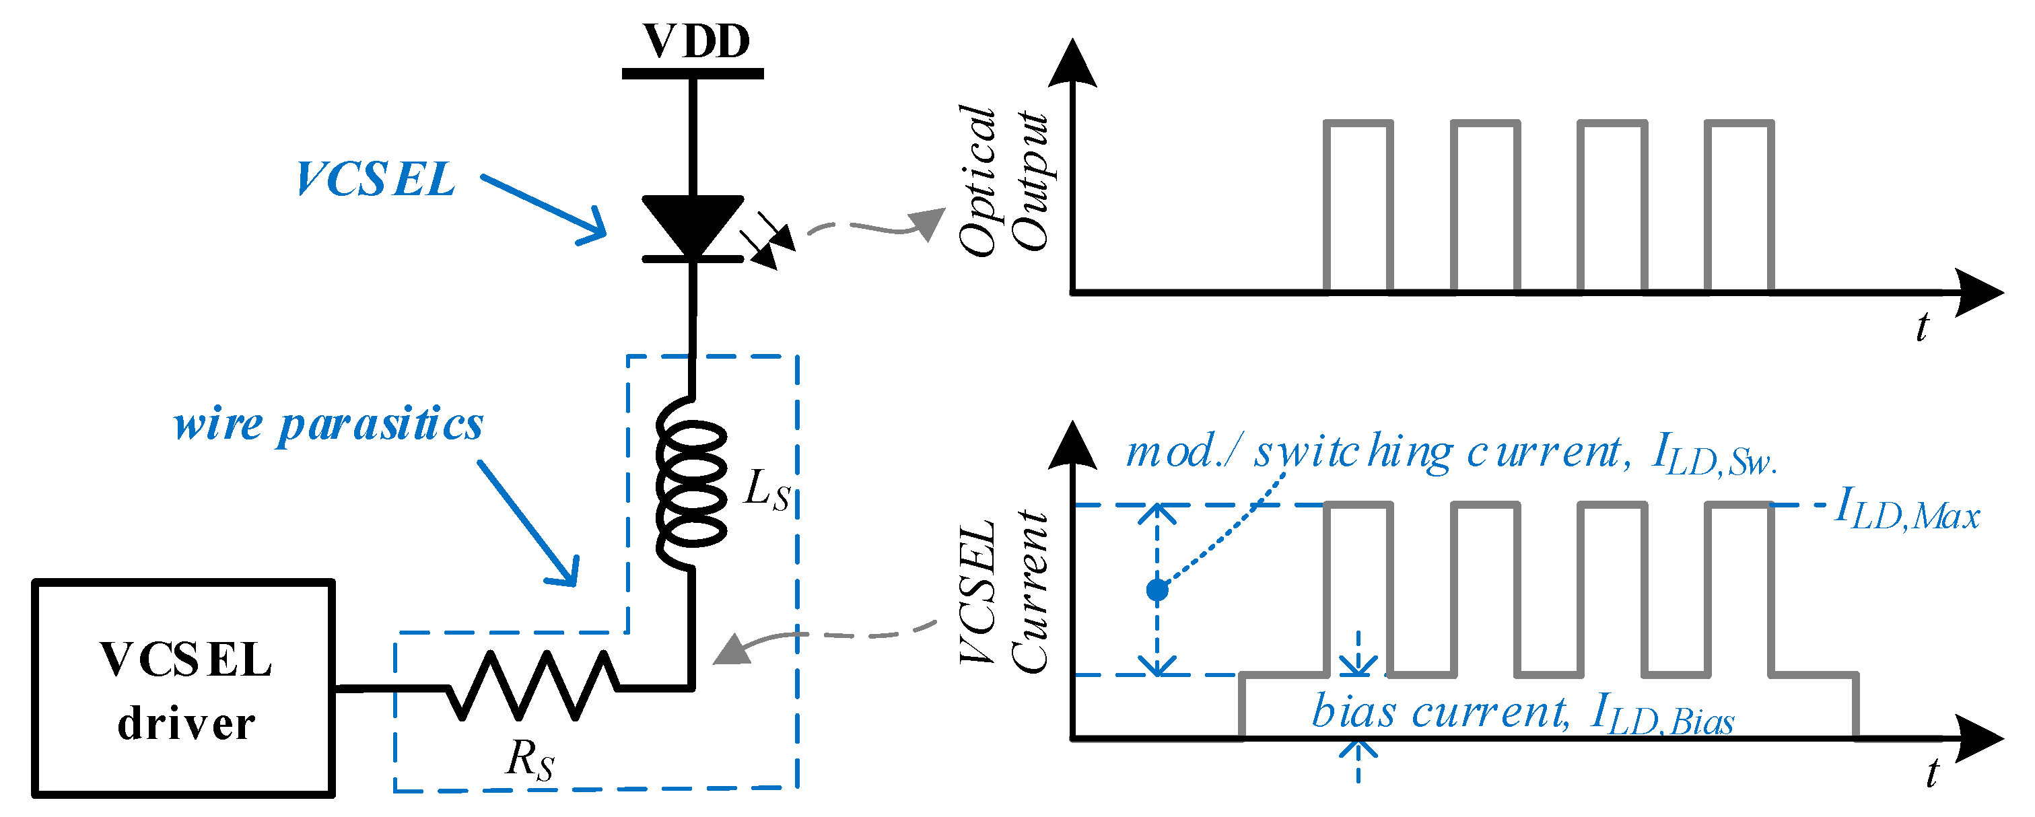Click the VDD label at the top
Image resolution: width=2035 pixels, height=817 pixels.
pyautogui.click(x=695, y=41)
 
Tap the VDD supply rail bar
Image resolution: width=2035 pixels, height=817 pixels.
pyautogui.click(x=692, y=73)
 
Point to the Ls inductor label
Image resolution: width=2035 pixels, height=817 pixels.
pyautogui.click(x=766, y=490)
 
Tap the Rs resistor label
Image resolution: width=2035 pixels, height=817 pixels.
pyautogui.click(x=529, y=760)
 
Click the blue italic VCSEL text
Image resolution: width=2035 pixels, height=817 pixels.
pyautogui.click(x=374, y=180)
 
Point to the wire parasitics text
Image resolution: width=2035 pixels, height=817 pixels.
pyautogui.click(x=328, y=425)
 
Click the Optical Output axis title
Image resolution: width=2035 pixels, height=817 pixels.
pyautogui.click(x=1002, y=180)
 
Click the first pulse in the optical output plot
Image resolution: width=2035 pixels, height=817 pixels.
pyautogui.click(x=1358, y=205)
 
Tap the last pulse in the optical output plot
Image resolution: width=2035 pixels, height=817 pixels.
pyautogui.click(x=1739, y=205)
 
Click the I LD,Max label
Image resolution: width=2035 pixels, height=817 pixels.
pyautogui.click(x=1906, y=509)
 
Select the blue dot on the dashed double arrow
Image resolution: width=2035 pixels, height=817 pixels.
pyautogui.click(x=1157, y=590)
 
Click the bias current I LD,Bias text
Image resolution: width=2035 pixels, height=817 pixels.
pyautogui.click(x=1521, y=713)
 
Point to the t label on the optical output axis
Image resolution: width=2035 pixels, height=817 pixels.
pyautogui.click(x=1921, y=326)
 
